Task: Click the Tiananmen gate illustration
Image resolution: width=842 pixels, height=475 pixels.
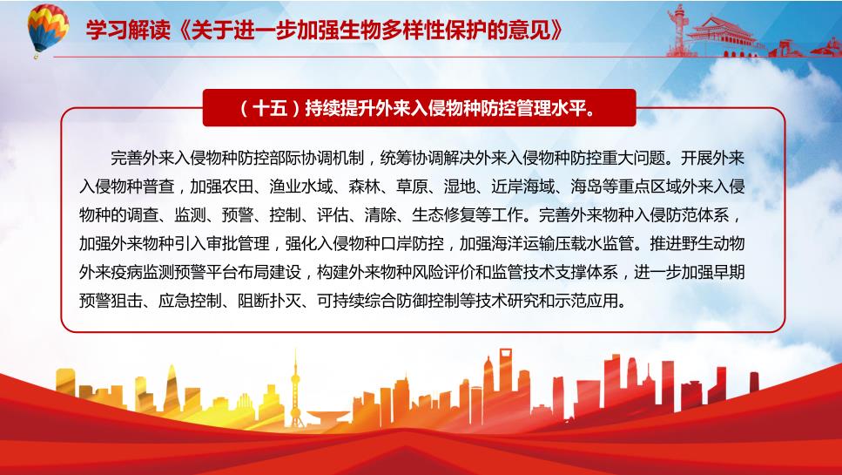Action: [721, 36]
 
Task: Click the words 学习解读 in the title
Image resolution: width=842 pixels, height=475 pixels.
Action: [128, 31]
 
